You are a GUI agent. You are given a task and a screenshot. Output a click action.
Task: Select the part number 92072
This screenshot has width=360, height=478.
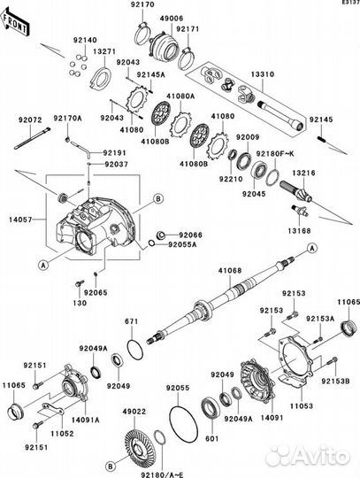pyautogui.click(x=26, y=118)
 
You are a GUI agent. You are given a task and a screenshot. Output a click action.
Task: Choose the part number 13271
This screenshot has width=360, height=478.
pyautogui.click(x=103, y=52)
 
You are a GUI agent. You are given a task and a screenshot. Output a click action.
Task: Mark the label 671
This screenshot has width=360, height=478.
pyautogui.click(x=132, y=320)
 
